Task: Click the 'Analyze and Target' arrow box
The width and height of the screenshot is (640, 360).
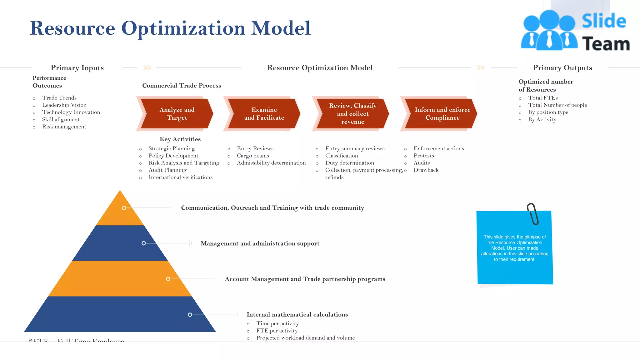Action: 177,114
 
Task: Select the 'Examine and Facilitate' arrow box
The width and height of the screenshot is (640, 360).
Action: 264,114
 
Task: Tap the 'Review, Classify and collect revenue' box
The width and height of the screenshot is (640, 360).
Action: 352,114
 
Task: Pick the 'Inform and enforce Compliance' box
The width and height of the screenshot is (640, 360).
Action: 442,114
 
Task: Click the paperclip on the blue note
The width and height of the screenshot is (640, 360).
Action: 533,214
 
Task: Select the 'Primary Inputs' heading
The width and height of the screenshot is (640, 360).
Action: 77,68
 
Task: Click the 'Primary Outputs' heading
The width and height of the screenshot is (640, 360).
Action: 562,68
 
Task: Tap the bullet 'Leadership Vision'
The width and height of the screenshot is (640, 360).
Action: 64,105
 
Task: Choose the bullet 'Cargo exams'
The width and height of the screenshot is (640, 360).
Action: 253,156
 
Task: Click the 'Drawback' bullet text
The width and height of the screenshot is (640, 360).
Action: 426,170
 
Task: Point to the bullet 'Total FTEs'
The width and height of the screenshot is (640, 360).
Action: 543,98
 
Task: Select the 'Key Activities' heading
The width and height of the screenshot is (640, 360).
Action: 180,139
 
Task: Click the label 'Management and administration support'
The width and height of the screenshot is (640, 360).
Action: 260,243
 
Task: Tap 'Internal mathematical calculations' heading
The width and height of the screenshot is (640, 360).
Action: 297,314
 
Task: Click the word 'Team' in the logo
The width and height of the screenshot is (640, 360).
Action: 606,44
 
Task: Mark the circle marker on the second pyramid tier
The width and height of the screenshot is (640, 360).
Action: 144,243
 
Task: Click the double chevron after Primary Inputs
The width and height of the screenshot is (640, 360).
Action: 147,67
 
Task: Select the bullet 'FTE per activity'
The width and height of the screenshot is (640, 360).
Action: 277,331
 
